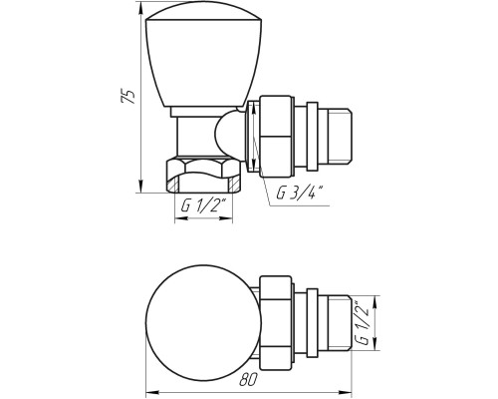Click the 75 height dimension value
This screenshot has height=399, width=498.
point(128,97)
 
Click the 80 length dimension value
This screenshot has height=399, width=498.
point(248,379)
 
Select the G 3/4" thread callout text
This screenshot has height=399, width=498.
point(300,194)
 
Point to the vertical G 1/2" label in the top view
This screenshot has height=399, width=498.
point(363,322)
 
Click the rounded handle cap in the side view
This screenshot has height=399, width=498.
point(203,58)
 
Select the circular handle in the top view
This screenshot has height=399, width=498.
point(203,322)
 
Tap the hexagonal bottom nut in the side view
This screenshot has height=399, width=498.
point(203,176)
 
